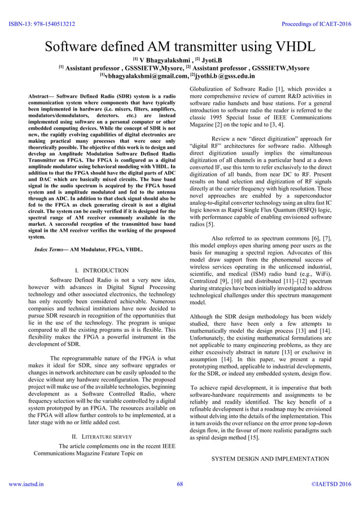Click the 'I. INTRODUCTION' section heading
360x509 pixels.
pyautogui.click(x=102, y=270)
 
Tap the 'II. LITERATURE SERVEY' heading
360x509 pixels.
pyautogui.click(x=102, y=437)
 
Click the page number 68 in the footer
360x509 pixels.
pyautogui.click(x=180, y=499)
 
